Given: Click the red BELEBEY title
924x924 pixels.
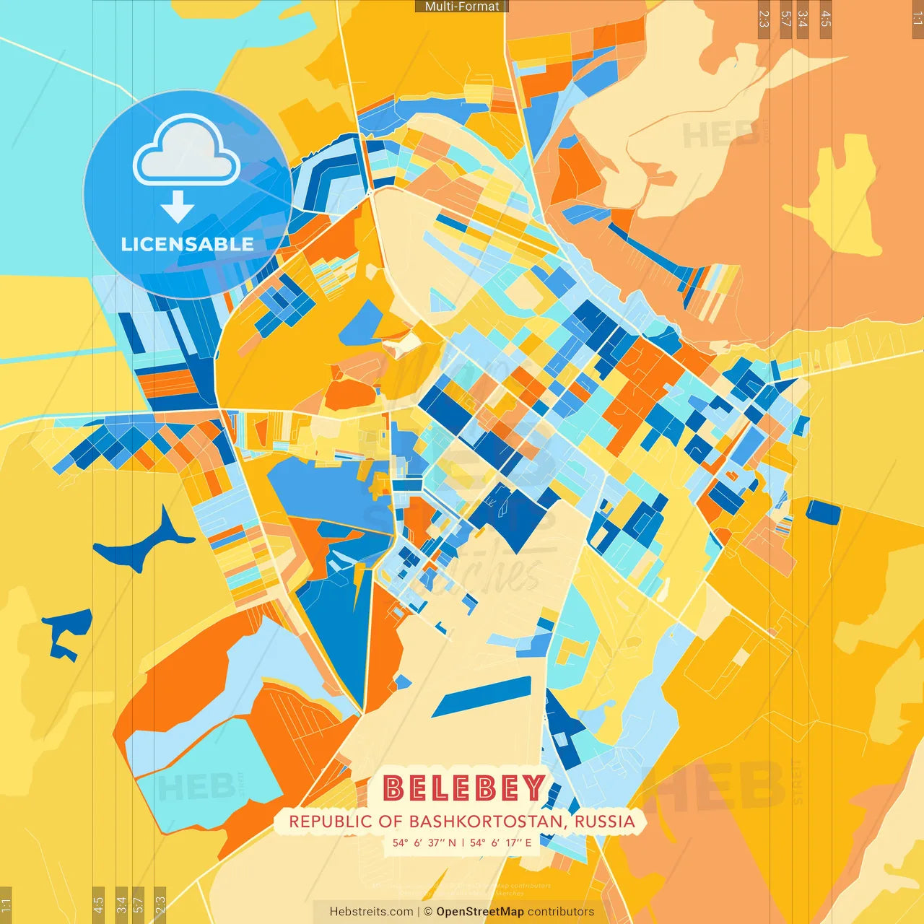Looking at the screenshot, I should click(x=463, y=788).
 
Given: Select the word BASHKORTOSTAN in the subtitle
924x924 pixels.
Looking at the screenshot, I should click(x=488, y=821).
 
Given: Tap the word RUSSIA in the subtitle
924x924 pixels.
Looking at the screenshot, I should click(x=605, y=821).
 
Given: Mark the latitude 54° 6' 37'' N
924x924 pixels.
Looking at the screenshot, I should click(x=424, y=842).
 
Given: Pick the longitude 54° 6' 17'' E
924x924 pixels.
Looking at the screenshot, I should click(x=501, y=842).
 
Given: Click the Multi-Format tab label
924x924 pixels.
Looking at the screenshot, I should click(x=462, y=6).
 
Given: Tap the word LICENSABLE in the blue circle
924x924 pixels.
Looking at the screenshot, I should click(x=188, y=245).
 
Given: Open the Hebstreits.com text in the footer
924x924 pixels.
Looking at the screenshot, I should click(x=371, y=912).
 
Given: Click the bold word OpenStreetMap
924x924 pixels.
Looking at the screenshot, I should click(x=480, y=912).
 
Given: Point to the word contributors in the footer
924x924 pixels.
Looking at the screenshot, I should click(x=561, y=912).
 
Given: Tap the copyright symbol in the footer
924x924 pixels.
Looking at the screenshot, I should click(x=428, y=912).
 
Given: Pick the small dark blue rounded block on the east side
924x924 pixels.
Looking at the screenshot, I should click(x=823, y=512).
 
